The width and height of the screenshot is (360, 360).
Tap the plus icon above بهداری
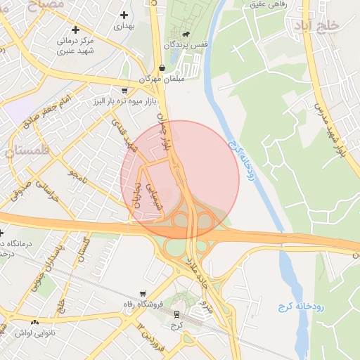124,14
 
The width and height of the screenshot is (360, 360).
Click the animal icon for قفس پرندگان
185,34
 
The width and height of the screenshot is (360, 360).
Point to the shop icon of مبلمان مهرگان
162,68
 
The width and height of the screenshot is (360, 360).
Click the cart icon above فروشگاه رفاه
143,294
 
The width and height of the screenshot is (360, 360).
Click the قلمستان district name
27,149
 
